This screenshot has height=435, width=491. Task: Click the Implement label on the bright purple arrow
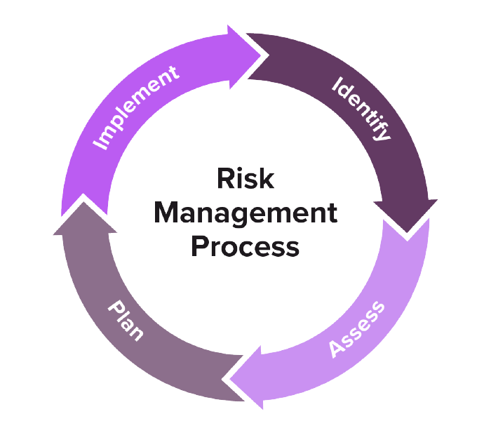(137, 106)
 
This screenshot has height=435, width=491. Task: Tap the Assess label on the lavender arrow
(358, 328)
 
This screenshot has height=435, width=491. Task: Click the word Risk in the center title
(245, 179)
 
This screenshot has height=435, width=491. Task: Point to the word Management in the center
(245, 213)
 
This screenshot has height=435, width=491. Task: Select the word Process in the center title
(245, 246)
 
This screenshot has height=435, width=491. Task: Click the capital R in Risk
(223, 179)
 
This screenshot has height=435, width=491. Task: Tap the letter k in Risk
(267, 179)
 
